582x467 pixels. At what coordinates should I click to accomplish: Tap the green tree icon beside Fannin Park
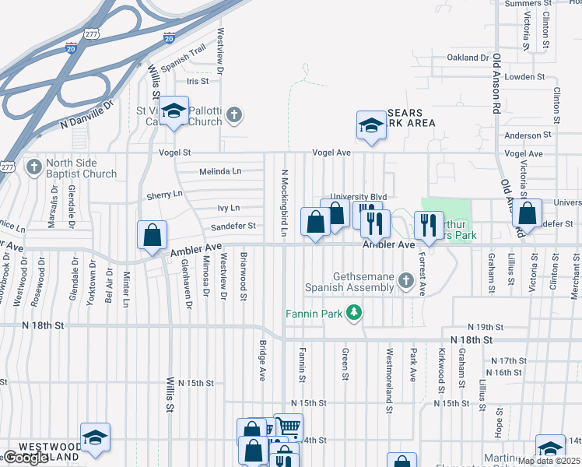(x=354, y=313)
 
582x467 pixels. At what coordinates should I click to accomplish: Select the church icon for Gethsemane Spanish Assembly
(x=405, y=280)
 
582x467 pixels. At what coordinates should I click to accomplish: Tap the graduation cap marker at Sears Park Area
(x=371, y=125)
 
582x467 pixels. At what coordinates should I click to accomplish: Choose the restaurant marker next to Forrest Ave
(x=428, y=226)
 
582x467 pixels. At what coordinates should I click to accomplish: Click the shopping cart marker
(x=289, y=427)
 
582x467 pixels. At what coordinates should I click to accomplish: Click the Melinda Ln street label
(x=221, y=171)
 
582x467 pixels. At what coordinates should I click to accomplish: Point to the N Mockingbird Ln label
(x=285, y=203)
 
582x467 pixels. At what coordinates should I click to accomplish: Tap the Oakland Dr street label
(x=468, y=58)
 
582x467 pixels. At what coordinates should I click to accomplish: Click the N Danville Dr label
(x=86, y=113)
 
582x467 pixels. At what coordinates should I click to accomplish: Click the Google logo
(x=26, y=458)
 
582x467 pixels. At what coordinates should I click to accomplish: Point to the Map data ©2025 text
(x=548, y=461)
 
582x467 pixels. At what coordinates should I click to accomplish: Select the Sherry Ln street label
(x=163, y=193)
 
